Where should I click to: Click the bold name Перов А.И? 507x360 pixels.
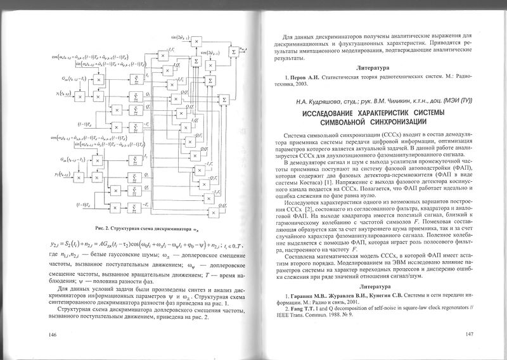tap(304, 75)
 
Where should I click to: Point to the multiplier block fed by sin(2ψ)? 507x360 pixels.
tap(197, 41)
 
